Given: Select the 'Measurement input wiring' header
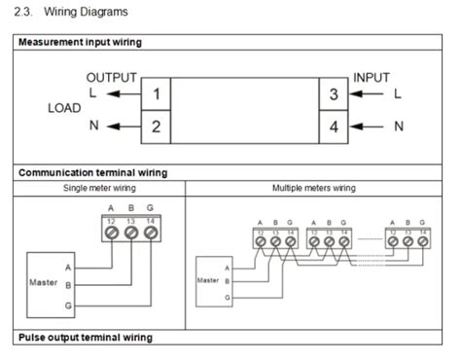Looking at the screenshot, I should [80, 43].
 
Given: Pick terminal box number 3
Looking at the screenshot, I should [334, 94].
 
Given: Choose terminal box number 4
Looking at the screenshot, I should [334, 126].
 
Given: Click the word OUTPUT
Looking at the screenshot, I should [112, 77].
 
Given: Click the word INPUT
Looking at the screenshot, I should [372, 77].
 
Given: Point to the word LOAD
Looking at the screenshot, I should [64, 109].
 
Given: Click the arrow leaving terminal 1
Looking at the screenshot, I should [123, 94].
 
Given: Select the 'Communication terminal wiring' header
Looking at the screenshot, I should [92, 172].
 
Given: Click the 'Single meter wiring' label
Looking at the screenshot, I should [99, 188].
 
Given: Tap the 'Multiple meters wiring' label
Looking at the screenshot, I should [314, 188].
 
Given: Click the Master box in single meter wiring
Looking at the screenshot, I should [45, 283].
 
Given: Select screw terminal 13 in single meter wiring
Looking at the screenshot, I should [131, 234].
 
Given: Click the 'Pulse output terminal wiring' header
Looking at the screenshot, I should [86, 338].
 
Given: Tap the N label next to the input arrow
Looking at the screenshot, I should [399, 126].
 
